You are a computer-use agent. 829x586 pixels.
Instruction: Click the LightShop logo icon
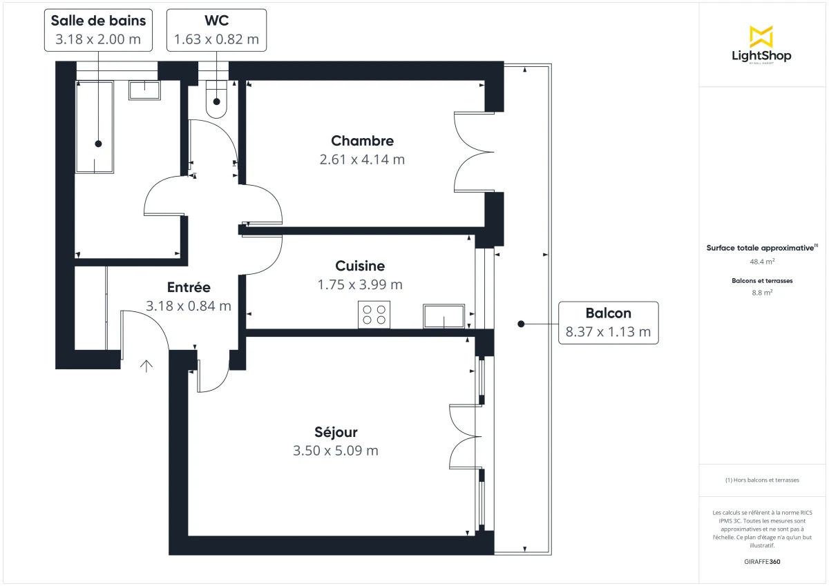[761, 37]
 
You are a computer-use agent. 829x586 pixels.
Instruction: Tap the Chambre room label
[362, 141]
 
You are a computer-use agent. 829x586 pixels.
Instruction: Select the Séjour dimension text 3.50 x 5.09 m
[336, 451]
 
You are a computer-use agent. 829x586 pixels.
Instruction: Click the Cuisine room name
[360, 266]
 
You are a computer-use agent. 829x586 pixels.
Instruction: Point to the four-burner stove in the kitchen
[374, 315]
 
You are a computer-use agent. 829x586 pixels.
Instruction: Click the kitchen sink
[444, 316]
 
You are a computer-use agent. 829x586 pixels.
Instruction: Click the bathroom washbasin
[144, 90]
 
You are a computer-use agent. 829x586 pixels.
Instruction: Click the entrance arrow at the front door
[146, 366]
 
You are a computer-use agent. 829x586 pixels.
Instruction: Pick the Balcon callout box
[608, 322]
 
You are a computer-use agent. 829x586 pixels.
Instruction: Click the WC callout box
[216, 30]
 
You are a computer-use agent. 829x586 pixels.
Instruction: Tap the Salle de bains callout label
[98, 30]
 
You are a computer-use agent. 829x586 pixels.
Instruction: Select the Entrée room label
[189, 288]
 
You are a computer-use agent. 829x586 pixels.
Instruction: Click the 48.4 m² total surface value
[761, 262]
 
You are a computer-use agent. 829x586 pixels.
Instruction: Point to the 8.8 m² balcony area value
[761, 292]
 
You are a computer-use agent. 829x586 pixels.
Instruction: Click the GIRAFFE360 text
[761, 562]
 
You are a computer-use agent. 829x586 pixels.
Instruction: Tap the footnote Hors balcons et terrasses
[761, 480]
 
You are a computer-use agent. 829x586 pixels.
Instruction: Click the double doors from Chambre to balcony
[473, 151]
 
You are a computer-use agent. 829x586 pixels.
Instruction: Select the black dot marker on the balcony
[521, 323]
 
